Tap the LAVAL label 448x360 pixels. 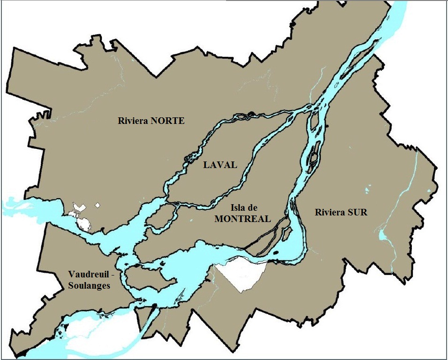point(220,165)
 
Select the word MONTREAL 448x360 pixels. point(243,219)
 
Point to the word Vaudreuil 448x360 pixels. point(86,274)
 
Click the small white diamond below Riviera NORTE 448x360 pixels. point(98,205)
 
